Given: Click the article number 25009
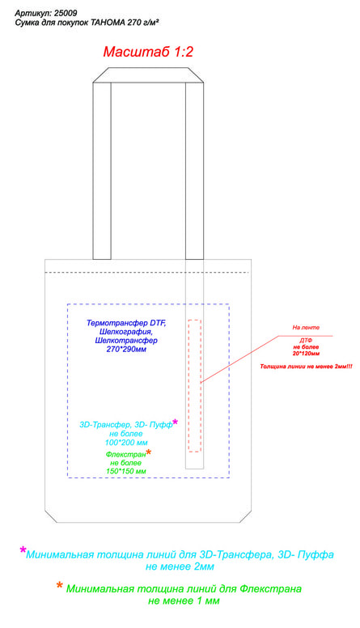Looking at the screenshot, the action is [66, 13].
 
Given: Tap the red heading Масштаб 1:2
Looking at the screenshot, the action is [148, 52].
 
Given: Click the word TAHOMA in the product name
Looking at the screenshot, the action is [108, 23].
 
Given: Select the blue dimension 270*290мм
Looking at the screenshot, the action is [126, 350].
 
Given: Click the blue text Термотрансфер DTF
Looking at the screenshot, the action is [126, 323].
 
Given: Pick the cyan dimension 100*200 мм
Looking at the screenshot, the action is [126, 443].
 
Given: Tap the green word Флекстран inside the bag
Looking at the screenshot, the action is [125, 455].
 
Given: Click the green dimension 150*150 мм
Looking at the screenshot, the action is [126, 471].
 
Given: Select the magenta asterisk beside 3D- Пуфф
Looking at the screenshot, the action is [175, 422].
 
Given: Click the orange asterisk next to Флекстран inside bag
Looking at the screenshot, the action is [149, 452].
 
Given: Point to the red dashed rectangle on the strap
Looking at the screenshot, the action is [188, 386].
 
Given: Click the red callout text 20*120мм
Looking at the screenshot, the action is [306, 354].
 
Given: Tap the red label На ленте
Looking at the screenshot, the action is [306, 328].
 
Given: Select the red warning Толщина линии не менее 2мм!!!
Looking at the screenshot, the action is [307, 367].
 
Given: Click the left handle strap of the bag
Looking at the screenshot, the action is [102, 171].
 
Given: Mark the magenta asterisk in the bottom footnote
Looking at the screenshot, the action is [23, 549].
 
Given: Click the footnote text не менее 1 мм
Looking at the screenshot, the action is [184, 600].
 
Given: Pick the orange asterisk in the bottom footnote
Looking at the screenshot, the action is [60, 586].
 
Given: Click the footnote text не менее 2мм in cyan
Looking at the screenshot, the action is [180, 566].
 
